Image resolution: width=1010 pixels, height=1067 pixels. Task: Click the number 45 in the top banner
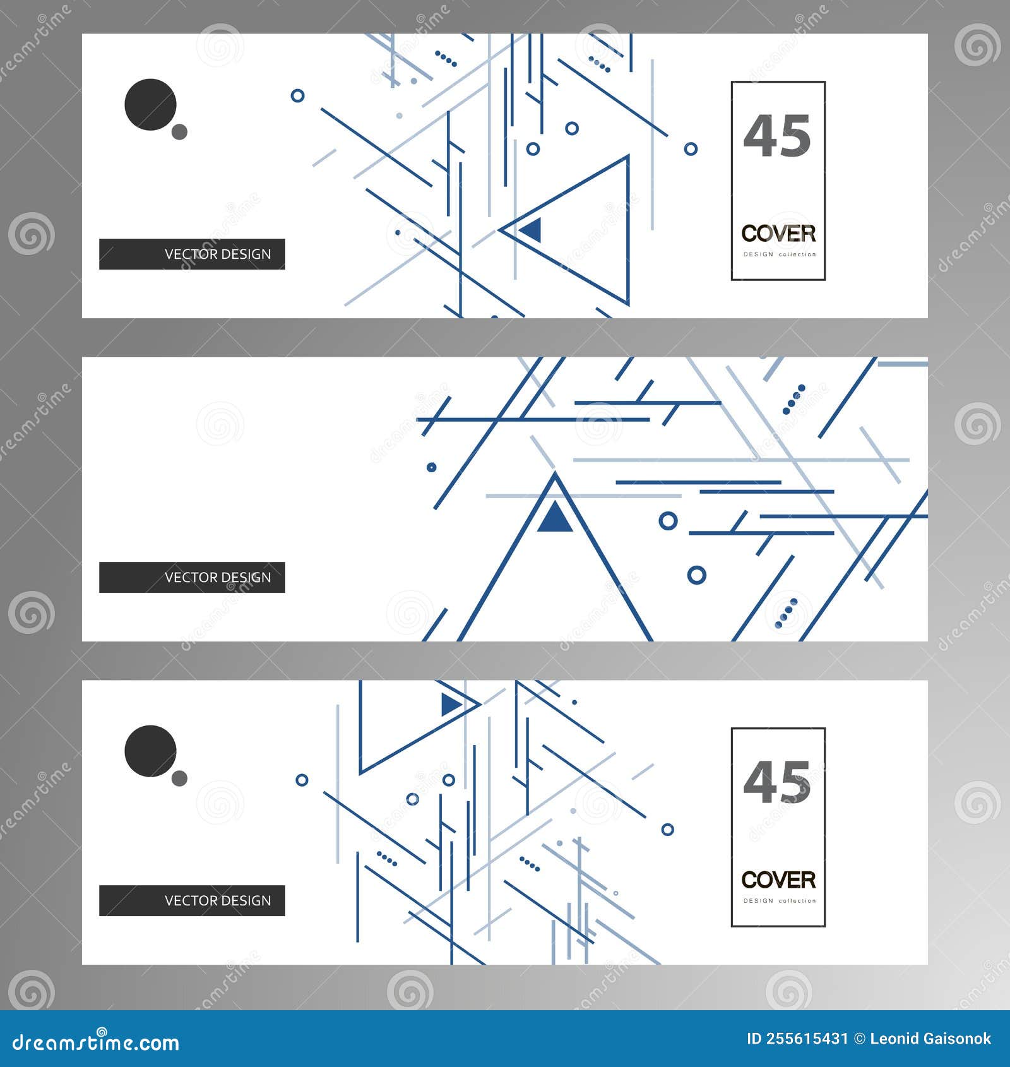pos(777,136)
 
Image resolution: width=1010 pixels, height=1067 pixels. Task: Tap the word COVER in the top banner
pos(778,234)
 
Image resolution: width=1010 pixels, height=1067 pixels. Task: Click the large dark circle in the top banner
pos(150,105)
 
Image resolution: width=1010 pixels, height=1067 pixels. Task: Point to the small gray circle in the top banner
pos(180,132)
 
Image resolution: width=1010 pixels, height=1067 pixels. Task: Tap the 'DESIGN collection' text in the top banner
pos(780,254)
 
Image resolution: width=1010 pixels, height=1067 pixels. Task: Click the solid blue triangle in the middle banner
pos(555,518)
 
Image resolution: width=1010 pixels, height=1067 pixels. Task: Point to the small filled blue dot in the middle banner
pos(432,467)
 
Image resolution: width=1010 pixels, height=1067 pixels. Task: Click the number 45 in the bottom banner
pos(777,783)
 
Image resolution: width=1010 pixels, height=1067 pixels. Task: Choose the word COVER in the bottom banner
pos(778,880)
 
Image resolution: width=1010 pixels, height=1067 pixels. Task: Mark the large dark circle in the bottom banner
pos(150,751)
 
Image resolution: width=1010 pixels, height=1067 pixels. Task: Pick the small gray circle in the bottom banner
pos(180,778)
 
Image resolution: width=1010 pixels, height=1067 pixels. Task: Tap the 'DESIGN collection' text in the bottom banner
pos(780,901)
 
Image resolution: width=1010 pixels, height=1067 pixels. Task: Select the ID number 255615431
pos(807,1039)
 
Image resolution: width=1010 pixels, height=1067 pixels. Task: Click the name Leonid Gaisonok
pos(930,1039)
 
